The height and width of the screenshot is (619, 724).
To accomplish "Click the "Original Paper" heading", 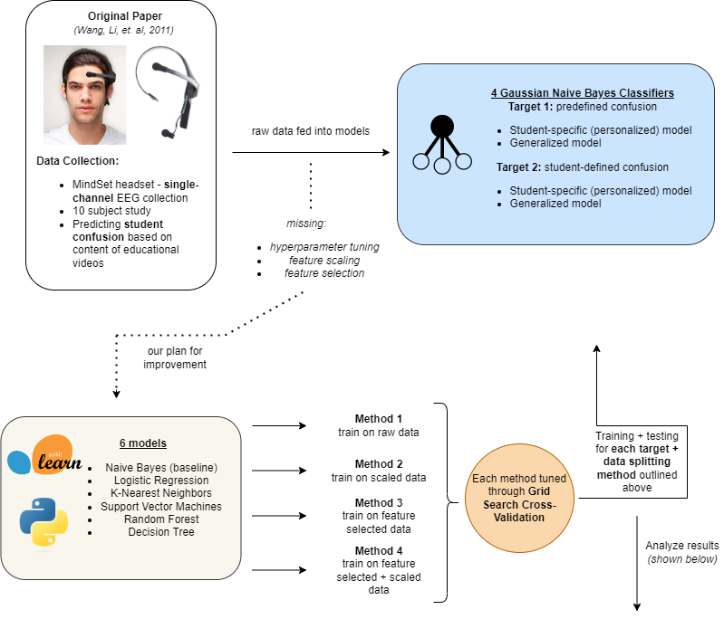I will (x=121, y=16).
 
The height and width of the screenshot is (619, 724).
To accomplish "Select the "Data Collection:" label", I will (x=78, y=160).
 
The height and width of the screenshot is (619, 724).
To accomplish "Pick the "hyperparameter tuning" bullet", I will (x=325, y=247).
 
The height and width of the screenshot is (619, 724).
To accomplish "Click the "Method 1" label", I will (x=378, y=418).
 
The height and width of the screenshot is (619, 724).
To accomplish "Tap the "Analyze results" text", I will (x=681, y=546).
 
